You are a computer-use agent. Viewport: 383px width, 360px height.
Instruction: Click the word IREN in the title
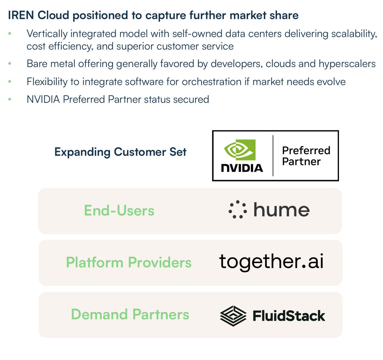[x=21, y=15]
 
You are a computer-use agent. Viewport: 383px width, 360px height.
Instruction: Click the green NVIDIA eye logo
[x=240, y=149]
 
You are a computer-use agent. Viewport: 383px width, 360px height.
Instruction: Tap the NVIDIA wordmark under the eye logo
[x=242, y=168]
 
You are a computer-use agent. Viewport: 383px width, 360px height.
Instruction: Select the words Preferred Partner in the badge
[x=306, y=156]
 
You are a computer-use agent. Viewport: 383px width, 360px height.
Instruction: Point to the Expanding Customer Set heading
[x=120, y=152]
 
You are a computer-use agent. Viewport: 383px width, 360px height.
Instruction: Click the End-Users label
[x=119, y=211]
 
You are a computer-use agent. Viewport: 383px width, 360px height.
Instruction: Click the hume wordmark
[x=282, y=210]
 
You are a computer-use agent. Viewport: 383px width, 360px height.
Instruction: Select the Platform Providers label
[x=129, y=263]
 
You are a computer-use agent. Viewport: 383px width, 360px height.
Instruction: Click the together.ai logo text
[x=271, y=262]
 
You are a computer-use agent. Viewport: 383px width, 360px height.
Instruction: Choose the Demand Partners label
[x=130, y=314]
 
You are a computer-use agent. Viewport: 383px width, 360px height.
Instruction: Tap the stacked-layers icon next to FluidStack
[x=233, y=316]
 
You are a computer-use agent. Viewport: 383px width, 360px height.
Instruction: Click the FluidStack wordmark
[x=289, y=316]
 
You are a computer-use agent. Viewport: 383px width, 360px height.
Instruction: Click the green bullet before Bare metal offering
[x=10, y=64]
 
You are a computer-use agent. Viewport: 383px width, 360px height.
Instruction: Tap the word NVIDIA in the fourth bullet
[x=43, y=99]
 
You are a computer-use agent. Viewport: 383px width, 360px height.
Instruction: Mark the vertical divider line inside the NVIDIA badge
[x=273, y=156]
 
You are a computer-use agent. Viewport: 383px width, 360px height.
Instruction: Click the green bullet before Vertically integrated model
[x=10, y=34]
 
